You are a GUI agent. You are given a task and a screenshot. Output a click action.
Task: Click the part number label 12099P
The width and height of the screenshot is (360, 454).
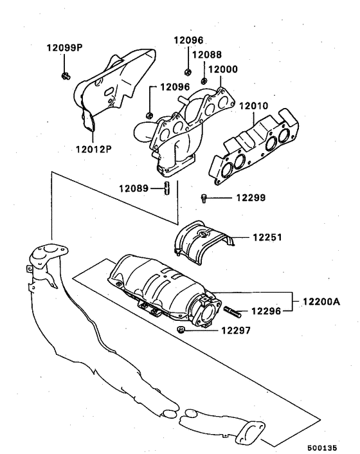click(64, 48)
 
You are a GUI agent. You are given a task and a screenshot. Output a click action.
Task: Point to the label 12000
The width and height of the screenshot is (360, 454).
click(222, 68)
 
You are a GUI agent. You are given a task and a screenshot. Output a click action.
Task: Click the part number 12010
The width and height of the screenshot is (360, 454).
click(254, 105)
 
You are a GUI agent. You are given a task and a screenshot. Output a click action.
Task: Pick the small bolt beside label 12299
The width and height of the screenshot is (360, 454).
click(204, 199)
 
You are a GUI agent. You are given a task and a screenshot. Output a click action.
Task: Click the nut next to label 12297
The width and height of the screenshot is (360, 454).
click(182, 331)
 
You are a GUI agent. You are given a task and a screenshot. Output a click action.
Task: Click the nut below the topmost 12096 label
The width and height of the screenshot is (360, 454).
click(186, 69)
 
